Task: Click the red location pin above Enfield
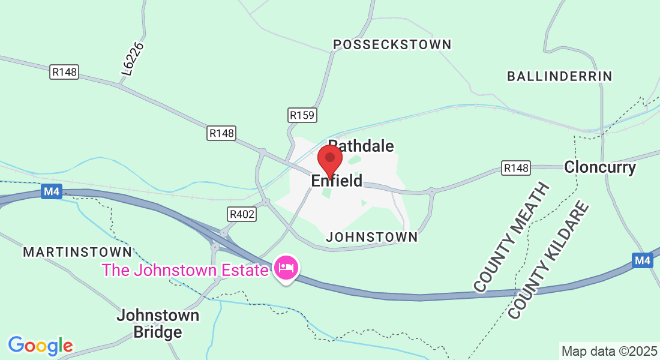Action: click(329, 159)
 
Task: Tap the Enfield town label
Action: click(337, 181)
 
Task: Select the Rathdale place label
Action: click(361, 146)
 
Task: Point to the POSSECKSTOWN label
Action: click(392, 44)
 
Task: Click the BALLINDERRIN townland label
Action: click(559, 76)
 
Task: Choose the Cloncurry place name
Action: click(599, 167)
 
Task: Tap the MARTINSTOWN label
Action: click(77, 252)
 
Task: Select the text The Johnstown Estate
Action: click(185, 270)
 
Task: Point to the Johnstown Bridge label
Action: click(158, 323)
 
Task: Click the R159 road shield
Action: click(302, 115)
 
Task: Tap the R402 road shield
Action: click(241, 214)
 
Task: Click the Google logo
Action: click(40, 346)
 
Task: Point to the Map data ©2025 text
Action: click(609, 351)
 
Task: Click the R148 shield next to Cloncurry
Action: click(516, 168)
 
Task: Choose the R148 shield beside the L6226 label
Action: click(64, 72)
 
